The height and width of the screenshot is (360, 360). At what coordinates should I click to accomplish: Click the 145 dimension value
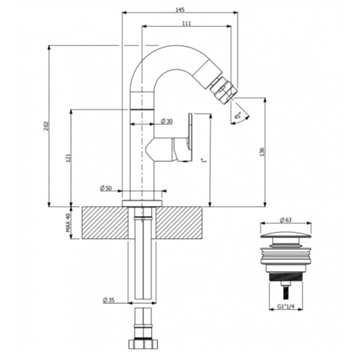click(180, 10)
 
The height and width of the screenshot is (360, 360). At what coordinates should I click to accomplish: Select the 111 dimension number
click(187, 23)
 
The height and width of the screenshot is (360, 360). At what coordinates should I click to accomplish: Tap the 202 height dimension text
click(46, 126)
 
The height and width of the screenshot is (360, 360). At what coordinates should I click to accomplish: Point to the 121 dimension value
click(68, 157)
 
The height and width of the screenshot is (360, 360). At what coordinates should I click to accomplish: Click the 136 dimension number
click(262, 152)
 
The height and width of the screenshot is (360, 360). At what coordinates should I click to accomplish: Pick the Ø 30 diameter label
click(167, 121)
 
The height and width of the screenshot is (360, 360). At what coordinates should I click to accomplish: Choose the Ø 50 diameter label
click(106, 188)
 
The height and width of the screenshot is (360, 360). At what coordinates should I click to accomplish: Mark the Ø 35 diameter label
click(109, 300)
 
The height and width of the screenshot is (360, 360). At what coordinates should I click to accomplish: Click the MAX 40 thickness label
click(68, 223)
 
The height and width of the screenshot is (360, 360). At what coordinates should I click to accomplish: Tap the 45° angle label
click(238, 115)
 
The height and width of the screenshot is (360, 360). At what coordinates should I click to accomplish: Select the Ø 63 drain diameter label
click(286, 220)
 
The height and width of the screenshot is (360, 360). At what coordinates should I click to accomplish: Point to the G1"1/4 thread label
click(286, 306)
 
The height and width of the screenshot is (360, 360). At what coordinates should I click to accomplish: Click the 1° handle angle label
click(203, 160)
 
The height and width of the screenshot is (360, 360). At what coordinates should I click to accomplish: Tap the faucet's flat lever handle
click(190, 137)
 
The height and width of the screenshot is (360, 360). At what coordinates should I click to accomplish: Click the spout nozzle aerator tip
click(223, 89)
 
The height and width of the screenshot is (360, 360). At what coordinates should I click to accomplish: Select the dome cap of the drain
click(286, 235)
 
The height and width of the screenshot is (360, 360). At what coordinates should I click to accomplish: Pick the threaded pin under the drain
click(286, 292)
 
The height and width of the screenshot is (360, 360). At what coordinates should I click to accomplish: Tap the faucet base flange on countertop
click(142, 203)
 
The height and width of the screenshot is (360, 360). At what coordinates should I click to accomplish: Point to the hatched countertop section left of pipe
click(105, 223)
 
